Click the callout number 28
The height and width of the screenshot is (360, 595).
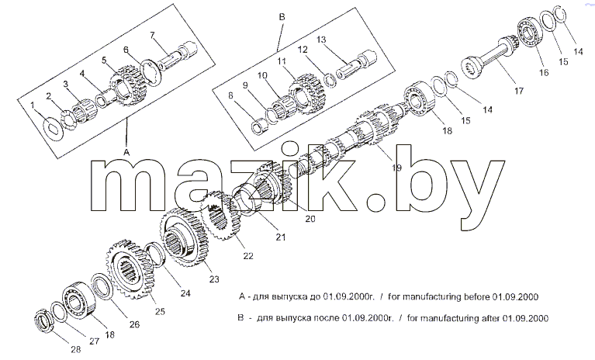pos(76,349)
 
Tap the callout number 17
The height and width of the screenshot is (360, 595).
pos(519,91)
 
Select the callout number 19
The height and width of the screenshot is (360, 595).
pos(396,168)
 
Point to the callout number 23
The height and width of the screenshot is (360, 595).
pos(214,279)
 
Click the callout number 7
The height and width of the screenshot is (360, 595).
pos(152,35)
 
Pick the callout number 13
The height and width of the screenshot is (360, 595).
pos(321,40)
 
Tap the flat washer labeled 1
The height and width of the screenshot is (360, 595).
pos(54,127)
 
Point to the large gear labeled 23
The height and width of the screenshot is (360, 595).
pos(182,239)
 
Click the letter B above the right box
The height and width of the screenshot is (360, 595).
pos(282,17)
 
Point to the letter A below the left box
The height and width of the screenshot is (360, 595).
pos(126,152)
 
